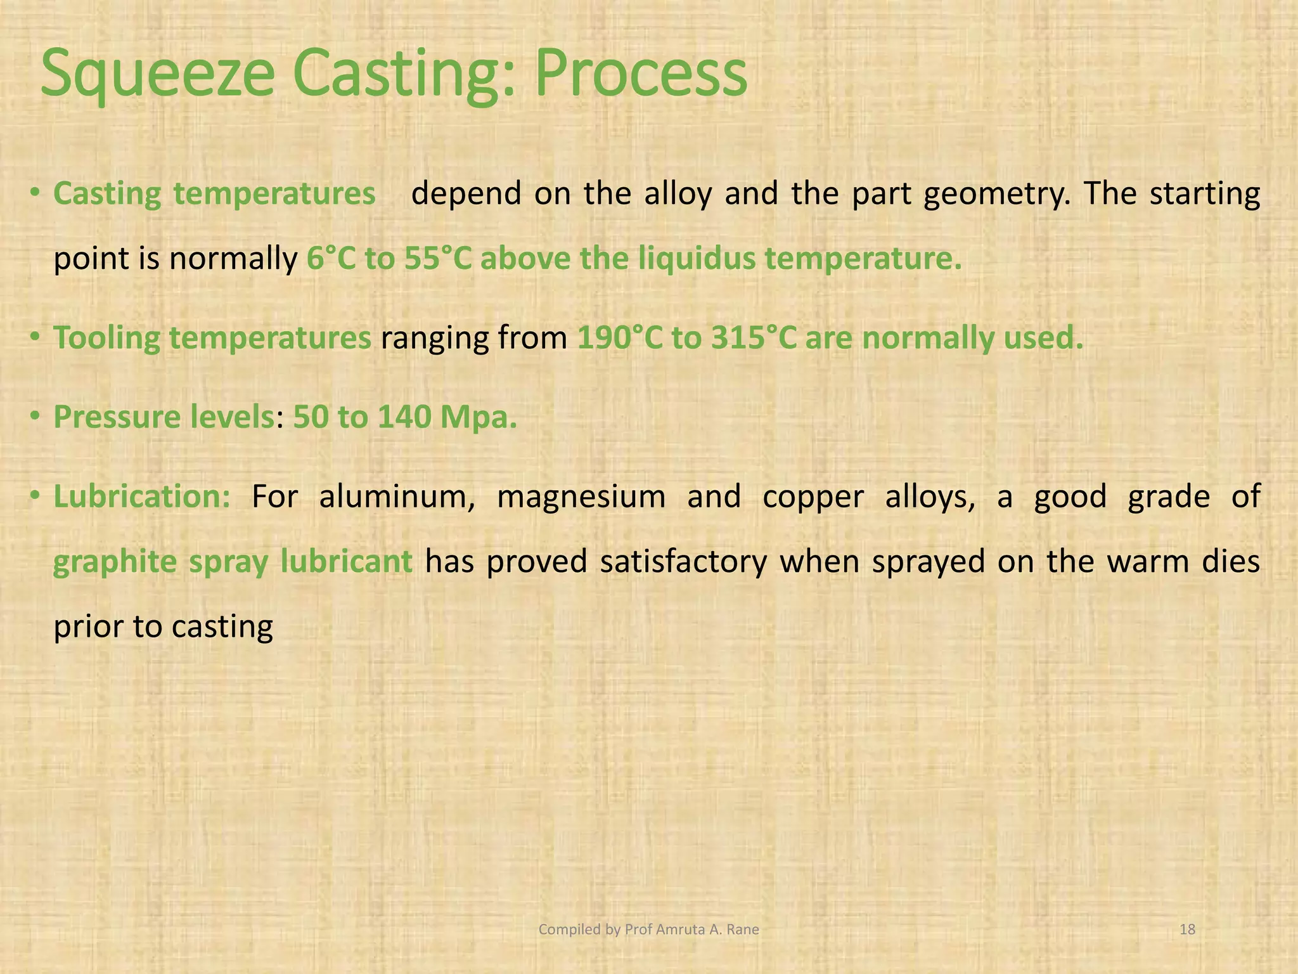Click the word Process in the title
point(640,75)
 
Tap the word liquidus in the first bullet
point(697,259)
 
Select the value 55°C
point(438,259)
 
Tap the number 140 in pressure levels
point(404,417)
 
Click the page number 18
point(1186,930)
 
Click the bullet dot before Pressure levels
point(35,417)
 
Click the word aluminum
point(397,497)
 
